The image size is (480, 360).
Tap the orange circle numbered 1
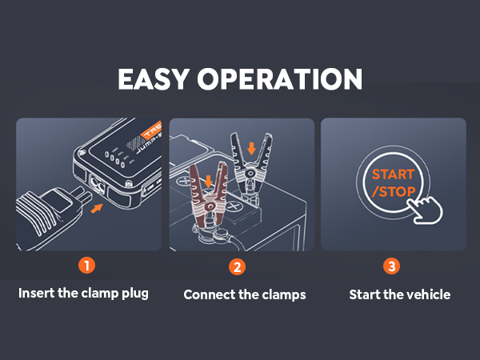pyautogui.click(x=88, y=266)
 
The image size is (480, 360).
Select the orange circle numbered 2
pyautogui.click(x=237, y=266)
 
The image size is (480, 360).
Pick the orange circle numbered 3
pyautogui.click(x=391, y=266)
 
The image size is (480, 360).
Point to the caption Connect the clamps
pyautogui.click(x=245, y=294)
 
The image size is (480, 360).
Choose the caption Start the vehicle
pyautogui.click(x=399, y=294)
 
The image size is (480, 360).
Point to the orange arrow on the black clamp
pyautogui.click(x=252, y=147)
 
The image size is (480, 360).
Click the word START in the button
pyautogui.click(x=392, y=174)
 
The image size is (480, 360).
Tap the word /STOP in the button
pyautogui.click(x=390, y=193)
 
